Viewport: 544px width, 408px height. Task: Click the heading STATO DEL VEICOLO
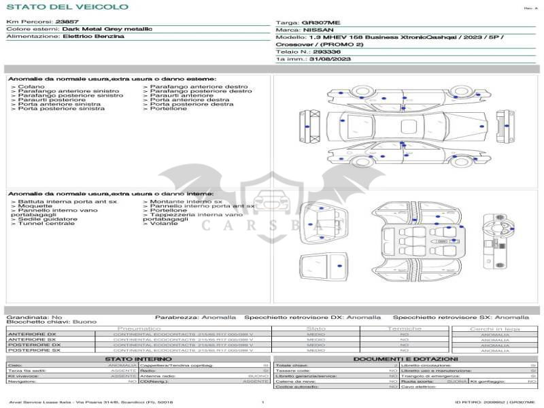[x=67, y=7]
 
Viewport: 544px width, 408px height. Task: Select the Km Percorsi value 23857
[x=67, y=22]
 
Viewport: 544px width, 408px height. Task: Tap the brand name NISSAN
[x=318, y=30]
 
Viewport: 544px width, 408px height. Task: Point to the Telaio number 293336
[x=327, y=52]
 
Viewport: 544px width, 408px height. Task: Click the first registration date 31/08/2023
[x=330, y=59]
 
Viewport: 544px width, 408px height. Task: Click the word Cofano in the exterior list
[x=31, y=87]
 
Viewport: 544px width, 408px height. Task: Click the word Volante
[x=164, y=223]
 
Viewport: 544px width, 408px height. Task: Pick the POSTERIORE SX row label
[x=33, y=350]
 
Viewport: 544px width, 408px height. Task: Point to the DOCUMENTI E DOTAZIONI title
[x=405, y=358]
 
